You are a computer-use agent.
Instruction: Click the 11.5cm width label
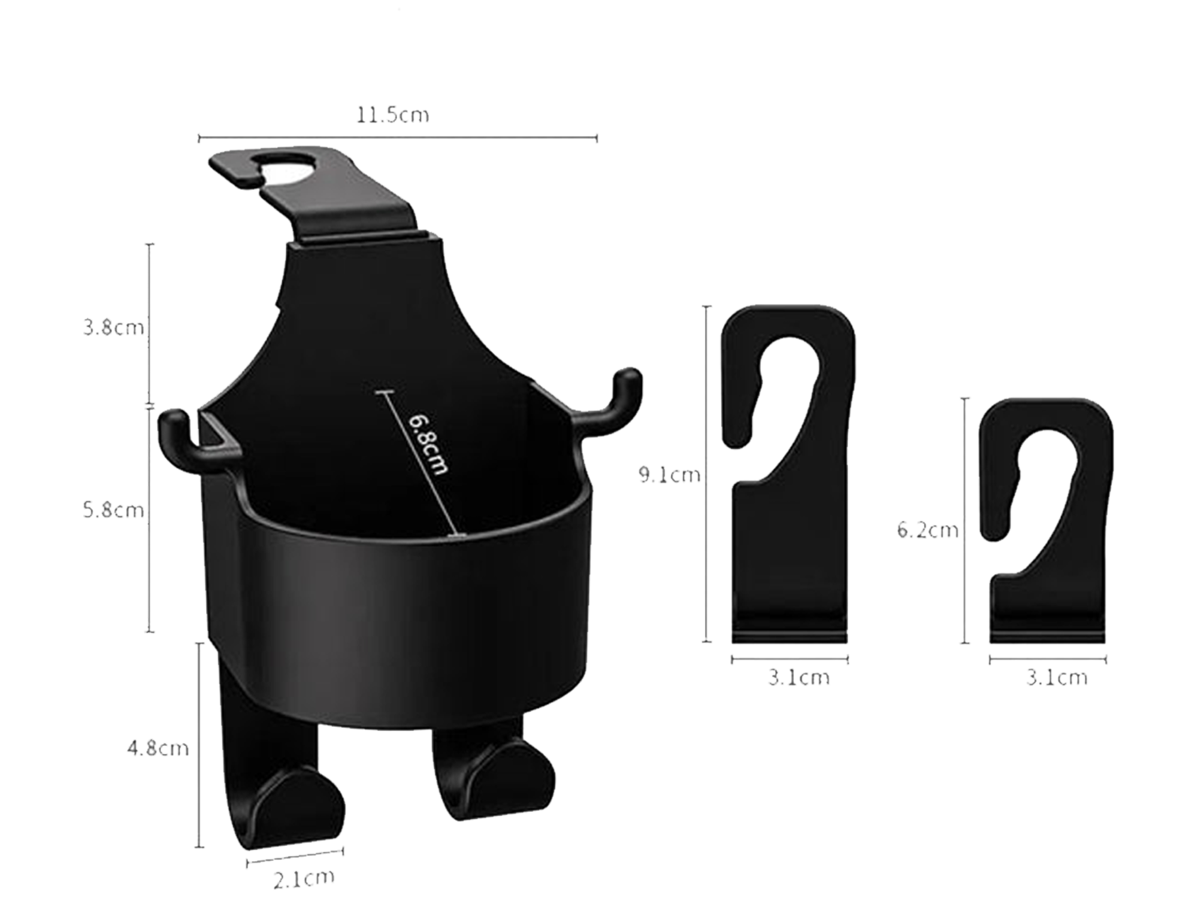pyautogui.click(x=393, y=115)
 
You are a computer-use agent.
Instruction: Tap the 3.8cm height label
pyautogui.click(x=114, y=328)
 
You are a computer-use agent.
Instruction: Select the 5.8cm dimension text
pyautogui.click(x=114, y=510)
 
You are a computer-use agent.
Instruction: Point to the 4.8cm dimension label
pyautogui.click(x=158, y=748)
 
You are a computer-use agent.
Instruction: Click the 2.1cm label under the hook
pyautogui.click(x=304, y=878)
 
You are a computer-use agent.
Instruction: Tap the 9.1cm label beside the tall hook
pyautogui.click(x=669, y=475)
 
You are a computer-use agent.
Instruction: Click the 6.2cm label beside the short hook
pyautogui.click(x=928, y=530)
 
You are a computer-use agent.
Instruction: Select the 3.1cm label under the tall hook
pyautogui.click(x=799, y=678)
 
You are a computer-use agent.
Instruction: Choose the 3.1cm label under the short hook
pyautogui.click(x=1057, y=678)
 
